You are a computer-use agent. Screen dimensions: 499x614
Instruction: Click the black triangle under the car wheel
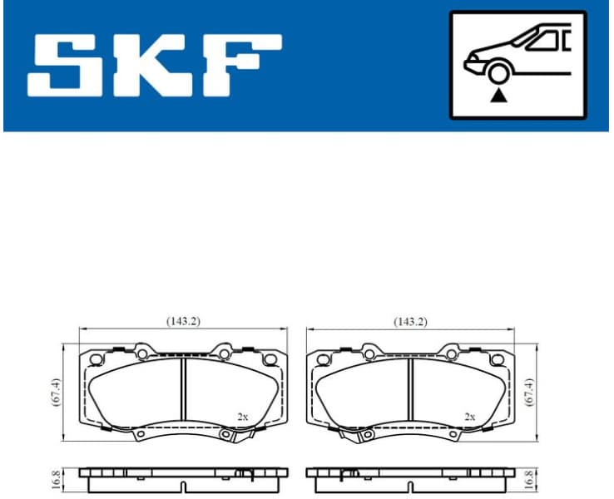[x=498, y=96]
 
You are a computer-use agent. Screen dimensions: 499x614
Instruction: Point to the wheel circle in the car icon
[x=498, y=73]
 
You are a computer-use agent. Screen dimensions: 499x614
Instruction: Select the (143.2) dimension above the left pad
[x=182, y=320]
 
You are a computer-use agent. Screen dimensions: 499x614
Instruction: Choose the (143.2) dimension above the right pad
[x=410, y=320]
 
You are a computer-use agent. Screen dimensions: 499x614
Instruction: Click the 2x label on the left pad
[x=242, y=417]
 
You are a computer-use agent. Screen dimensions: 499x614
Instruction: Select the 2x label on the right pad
[x=470, y=417]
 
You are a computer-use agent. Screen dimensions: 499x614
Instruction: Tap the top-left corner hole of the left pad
[x=95, y=359]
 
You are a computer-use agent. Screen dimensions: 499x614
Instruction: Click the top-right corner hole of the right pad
[x=498, y=359]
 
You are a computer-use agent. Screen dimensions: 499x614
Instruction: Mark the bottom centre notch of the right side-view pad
[x=350, y=475]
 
